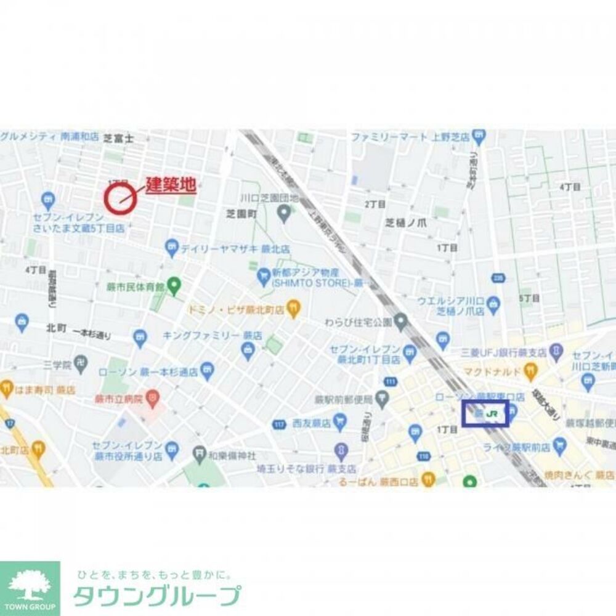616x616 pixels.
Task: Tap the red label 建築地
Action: [171, 185]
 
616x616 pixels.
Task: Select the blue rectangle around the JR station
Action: [485, 413]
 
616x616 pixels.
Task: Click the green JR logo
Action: [492, 414]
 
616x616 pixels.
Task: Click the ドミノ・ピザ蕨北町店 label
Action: [236, 310]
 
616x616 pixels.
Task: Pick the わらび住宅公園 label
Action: [359, 322]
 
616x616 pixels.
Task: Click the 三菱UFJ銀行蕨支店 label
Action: [504, 353]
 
